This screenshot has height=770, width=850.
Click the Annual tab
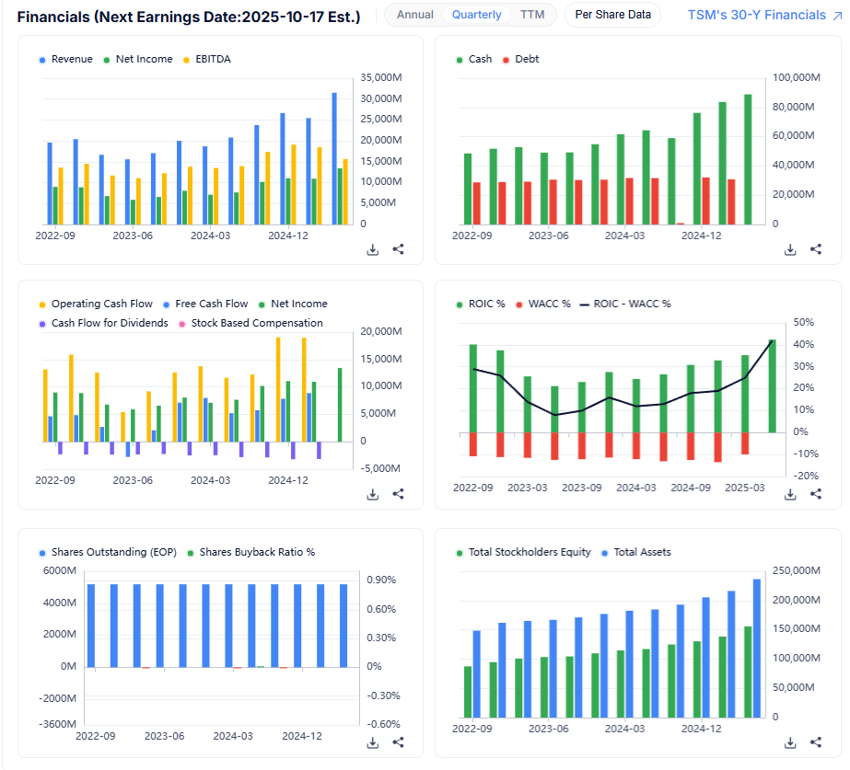tap(415, 15)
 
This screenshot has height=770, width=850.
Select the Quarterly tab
tap(477, 15)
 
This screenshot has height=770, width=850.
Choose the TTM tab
tap(532, 15)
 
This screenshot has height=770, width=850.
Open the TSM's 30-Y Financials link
tap(756, 15)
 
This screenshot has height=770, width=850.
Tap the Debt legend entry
tap(527, 59)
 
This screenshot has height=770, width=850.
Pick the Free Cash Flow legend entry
tap(211, 304)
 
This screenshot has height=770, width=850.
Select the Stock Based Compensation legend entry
tap(257, 323)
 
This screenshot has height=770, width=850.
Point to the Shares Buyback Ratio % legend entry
tap(257, 552)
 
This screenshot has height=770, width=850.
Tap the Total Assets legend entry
tap(642, 552)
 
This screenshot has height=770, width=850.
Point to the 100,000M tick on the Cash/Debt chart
tap(794, 77)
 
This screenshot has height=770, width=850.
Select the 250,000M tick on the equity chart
tap(794, 571)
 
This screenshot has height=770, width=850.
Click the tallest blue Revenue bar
tap(334, 157)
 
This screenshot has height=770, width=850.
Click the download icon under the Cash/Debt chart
tap(790, 249)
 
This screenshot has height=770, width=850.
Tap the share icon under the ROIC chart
tap(816, 494)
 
